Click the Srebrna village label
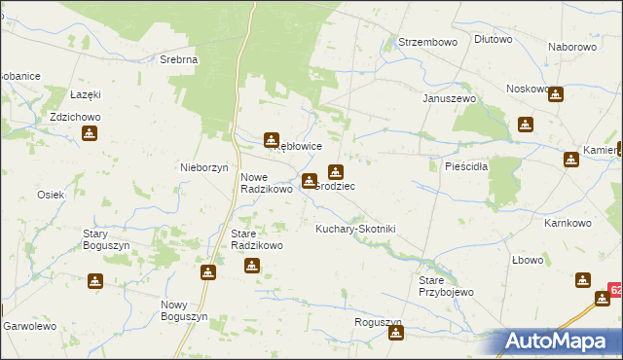(179, 59)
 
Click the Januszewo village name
(448, 98)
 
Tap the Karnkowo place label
(568, 223)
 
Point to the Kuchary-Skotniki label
(356, 229)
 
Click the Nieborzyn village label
(203, 166)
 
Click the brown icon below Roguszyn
(396, 335)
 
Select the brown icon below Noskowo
(555, 95)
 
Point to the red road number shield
(615, 291)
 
